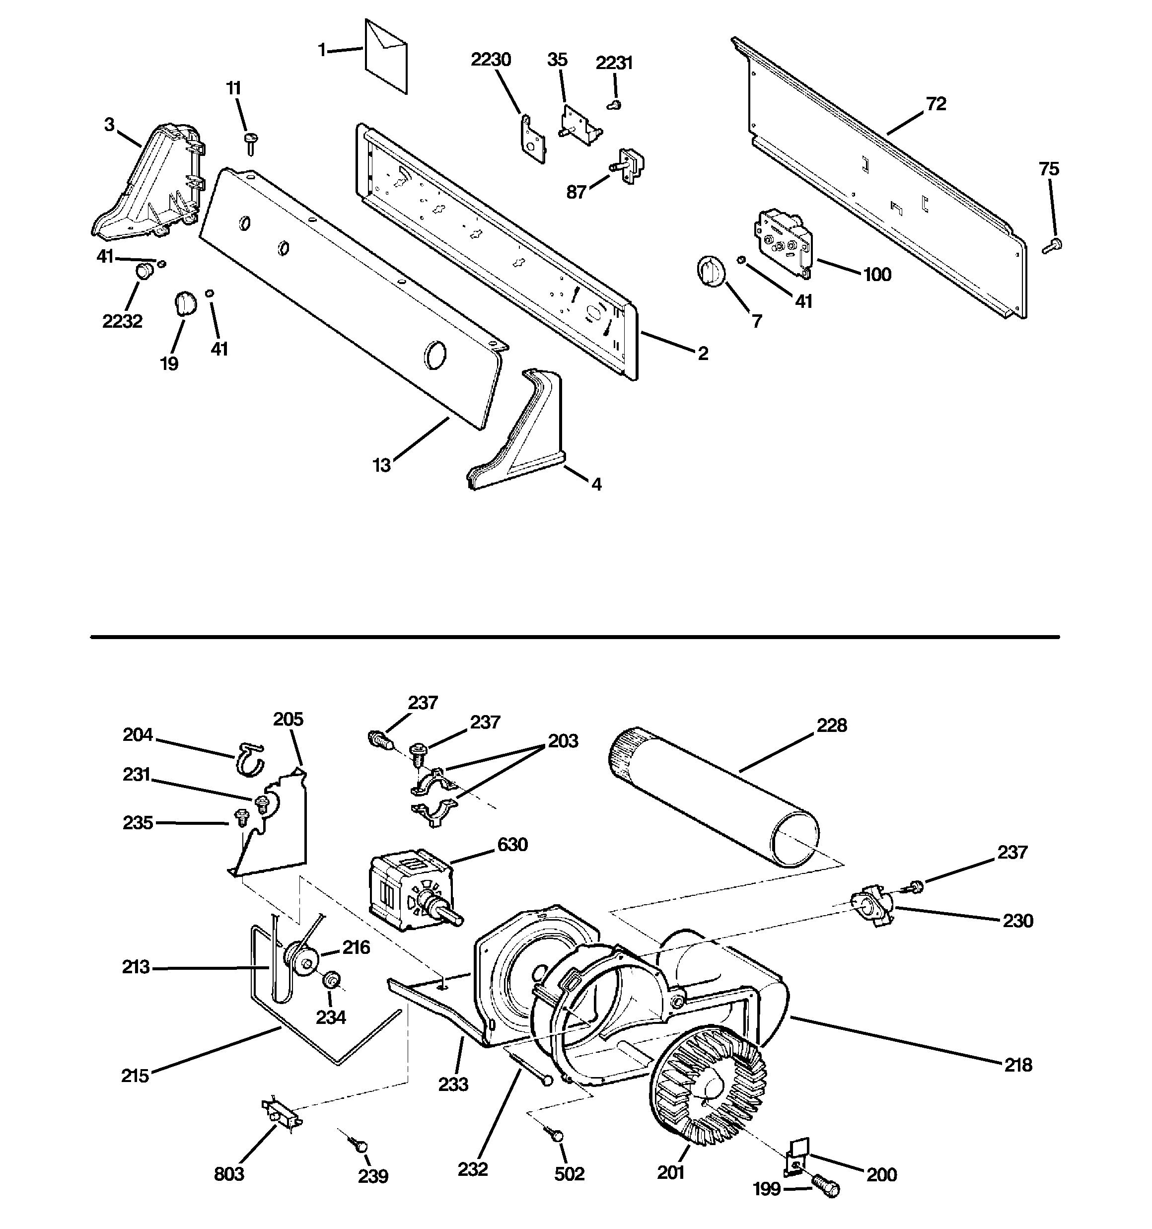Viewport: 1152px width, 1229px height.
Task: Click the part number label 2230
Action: pos(491,60)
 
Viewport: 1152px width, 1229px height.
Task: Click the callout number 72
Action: pos(936,104)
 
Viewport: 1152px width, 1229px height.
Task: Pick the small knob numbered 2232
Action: pos(144,271)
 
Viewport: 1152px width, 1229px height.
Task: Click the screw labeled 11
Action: pos(252,143)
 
